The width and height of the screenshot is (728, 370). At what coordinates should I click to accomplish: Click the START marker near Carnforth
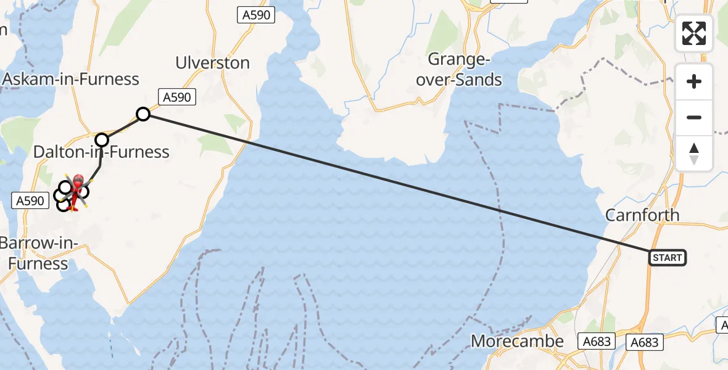[667, 257]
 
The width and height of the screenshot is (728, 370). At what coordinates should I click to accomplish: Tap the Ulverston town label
[213, 63]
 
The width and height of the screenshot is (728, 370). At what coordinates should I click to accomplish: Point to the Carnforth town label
[642, 215]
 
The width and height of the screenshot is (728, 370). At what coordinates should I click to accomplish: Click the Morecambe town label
[517, 341]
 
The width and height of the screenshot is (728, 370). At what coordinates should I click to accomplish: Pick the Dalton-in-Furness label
[101, 152]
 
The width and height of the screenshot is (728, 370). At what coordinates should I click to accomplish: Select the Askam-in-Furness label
[72, 79]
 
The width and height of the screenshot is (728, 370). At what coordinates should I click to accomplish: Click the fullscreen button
[694, 33]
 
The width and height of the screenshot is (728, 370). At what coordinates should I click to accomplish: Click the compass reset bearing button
[694, 153]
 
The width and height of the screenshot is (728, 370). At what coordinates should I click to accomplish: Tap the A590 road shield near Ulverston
[178, 97]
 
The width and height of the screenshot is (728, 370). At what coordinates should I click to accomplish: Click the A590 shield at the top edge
[255, 15]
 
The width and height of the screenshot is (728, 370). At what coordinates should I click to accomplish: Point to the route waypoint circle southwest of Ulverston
[143, 113]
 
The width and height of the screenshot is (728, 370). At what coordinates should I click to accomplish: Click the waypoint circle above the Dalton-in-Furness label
[101, 139]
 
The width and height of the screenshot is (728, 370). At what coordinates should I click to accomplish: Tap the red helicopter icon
[78, 183]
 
